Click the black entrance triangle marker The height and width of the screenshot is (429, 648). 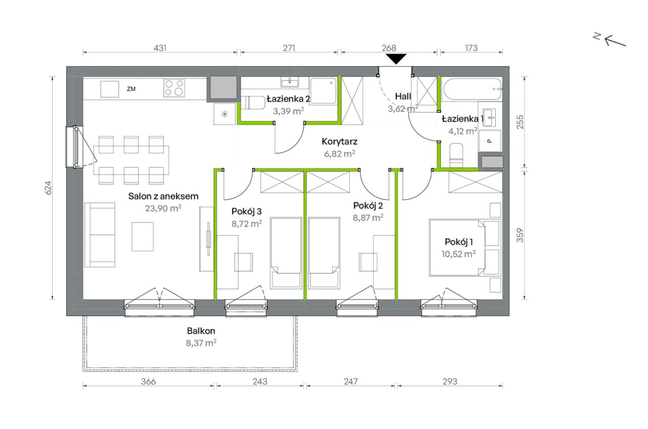[x=396, y=59]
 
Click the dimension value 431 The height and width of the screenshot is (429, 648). [x=160, y=48]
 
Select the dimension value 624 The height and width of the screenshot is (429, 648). [x=48, y=188]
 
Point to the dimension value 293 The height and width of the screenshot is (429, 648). [x=450, y=381]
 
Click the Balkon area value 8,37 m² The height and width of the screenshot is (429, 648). [x=201, y=343]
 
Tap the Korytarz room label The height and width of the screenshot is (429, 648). [x=339, y=141]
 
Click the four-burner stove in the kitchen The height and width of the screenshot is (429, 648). [x=174, y=88]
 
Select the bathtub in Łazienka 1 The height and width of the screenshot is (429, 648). [x=472, y=90]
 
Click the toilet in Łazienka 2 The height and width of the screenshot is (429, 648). [x=253, y=103]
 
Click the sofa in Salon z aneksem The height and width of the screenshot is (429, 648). [x=100, y=235]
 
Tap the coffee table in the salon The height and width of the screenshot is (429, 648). [x=143, y=236]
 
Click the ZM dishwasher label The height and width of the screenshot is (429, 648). [x=131, y=89]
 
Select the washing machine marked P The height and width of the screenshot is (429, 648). [x=490, y=141]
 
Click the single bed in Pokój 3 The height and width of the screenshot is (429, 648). [x=286, y=253]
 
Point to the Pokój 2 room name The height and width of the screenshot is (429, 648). [x=368, y=205]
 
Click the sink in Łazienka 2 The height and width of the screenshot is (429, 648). [x=289, y=82]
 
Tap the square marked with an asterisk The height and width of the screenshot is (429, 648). [x=224, y=114]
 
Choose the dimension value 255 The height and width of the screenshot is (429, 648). [x=520, y=122]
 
